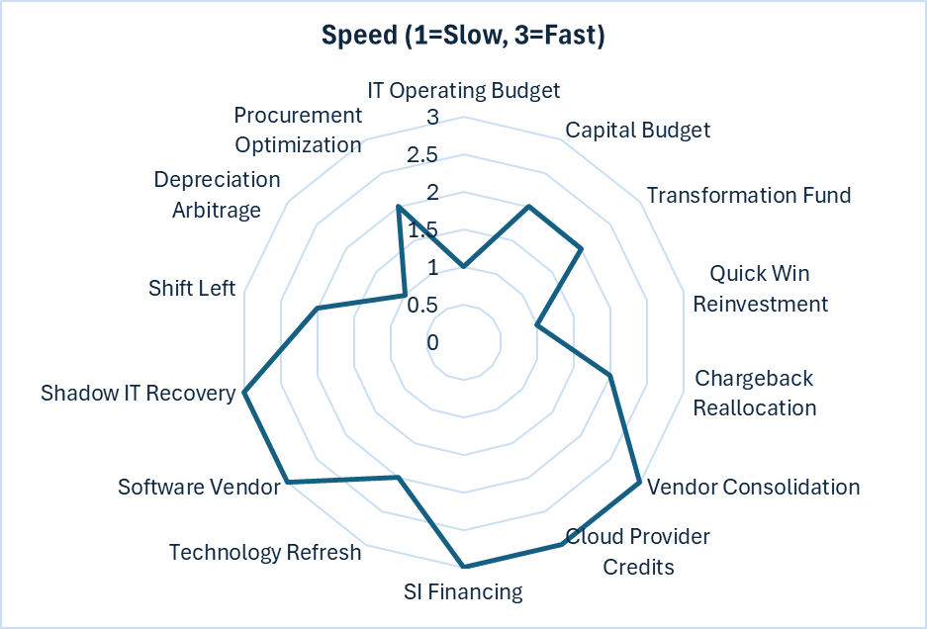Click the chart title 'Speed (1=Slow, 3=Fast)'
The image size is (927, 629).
[x=463, y=36]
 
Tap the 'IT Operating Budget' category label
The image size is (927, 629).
[x=463, y=90]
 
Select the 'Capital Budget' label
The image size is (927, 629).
[x=637, y=130]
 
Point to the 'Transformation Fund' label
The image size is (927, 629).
[x=749, y=195]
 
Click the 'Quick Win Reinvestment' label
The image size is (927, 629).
[x=760, y=288]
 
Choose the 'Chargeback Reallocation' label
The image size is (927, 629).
[x=754, y=393]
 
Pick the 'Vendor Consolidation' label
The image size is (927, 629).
[x=752, y=487]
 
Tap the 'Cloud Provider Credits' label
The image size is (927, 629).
[x=638, y=551]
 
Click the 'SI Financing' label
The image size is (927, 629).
[x=463, y=591]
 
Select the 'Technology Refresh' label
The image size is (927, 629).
[x=265, y=552]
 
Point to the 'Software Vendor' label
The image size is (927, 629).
[x=199, y=487]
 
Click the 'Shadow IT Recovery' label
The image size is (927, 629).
[x=139, y=394]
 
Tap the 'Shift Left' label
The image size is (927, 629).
[x=192, y=288]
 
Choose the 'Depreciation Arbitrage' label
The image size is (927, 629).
[x=217, y=195]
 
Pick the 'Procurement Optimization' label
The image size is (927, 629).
[x=298, y=130]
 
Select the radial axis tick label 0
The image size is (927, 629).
[x=432, y=342]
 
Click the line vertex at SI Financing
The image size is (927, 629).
[x=463, y=567]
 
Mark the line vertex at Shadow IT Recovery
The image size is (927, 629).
[x=243, y=393]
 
